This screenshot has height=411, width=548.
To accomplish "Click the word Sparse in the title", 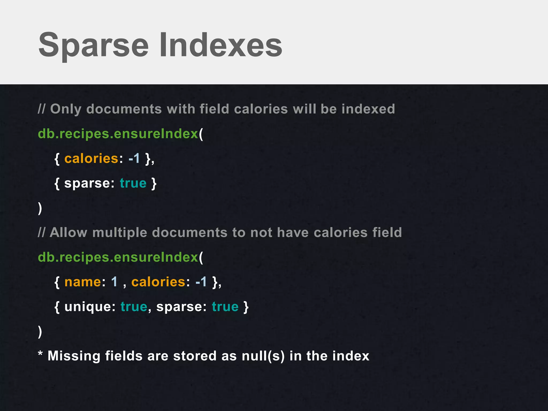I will [x=94, y=45].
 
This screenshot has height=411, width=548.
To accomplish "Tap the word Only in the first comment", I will [x=66, y=109].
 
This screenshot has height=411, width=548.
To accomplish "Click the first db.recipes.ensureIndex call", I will [x=118, y=134].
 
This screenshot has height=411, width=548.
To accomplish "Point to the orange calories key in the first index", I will [x=91, y=158].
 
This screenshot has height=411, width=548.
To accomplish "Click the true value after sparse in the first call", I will [x=133, y=183].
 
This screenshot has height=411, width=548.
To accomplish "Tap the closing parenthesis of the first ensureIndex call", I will [x=40, y=208].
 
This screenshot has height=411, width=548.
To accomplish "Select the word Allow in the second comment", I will [x=68, y=232].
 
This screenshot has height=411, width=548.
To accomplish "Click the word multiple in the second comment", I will [x=120, y=233].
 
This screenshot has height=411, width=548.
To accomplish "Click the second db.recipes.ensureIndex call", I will [x=118, y=257].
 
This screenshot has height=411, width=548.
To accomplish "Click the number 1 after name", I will [x=114, y=282].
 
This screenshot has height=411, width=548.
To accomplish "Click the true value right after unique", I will [x=134, y=307].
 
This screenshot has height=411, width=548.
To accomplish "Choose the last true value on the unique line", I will [x=225, y=307].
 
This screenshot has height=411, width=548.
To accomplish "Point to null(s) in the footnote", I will [x=263, y=356].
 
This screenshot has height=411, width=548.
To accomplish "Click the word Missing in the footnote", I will [x=74, y=356].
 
